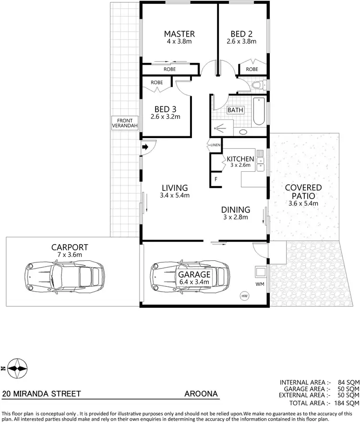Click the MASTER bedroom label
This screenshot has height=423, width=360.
click(x=179, y=34)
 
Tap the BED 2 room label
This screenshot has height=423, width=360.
click(x=241, y=34)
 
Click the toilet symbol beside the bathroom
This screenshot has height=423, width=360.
click(x=257, y=85)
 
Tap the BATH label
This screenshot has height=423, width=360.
click(x=235, y=110)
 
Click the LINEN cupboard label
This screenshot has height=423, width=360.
click(x=215, y=145)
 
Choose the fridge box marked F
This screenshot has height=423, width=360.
click(x=216, y=179)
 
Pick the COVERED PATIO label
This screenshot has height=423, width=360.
click(x=303, y=191)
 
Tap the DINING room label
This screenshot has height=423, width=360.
click(x=235, y=210)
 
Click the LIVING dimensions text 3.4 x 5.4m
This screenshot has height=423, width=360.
click(x=175, y=195)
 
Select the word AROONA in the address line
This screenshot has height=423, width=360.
click(x=201, y=394)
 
